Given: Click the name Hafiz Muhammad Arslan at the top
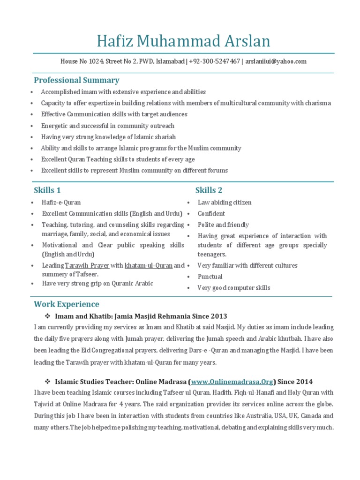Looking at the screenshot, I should coord(183,41).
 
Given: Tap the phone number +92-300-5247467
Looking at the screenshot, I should coord(215,61).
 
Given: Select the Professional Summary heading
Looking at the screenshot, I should coord(76,80).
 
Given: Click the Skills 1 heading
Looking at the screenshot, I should coord(47,190).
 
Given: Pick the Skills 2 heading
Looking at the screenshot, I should coord(209,190).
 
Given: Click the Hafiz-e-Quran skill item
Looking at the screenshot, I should coord(61,202).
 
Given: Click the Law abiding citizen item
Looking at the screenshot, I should coord(225,202).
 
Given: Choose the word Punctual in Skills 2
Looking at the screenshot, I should coord(210,277).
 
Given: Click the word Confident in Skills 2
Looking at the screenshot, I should coord(211,214).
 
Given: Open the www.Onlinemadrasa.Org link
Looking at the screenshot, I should coord(232,382).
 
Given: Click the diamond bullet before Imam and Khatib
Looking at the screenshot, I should coord(47,316).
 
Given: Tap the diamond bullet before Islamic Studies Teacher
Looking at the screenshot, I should coord(47,382).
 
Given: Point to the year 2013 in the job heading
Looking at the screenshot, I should coord(219,316).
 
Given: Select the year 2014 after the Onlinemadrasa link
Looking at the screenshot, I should coord(304,382).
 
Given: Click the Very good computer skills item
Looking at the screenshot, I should coord(234,288).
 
